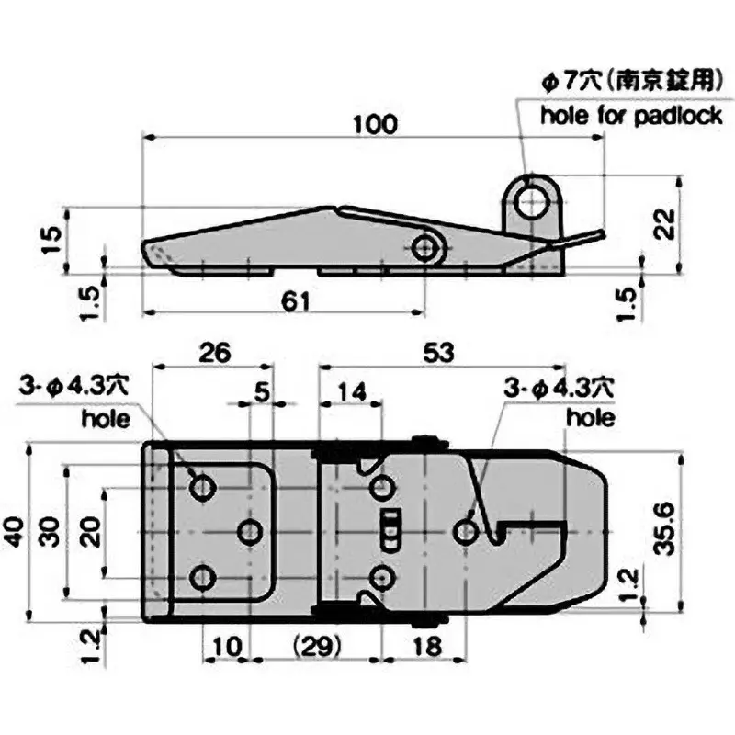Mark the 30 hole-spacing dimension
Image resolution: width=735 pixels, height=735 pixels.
[x=52, y=531]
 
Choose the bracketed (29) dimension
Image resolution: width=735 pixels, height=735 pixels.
[x=315, y=646]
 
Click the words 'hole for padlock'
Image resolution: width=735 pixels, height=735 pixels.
[x=631, y=116]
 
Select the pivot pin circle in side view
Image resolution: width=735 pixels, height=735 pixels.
[x=425, y=247]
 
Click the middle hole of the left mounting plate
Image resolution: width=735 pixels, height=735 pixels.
[x=249, y=531]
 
